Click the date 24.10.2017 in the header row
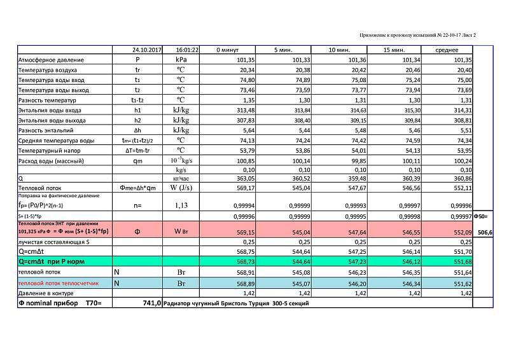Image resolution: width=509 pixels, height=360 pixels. point(146,49)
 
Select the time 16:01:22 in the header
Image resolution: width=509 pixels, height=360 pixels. point(188,49)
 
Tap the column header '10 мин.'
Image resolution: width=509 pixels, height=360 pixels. point(338,49)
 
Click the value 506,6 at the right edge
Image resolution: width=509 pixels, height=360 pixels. point(484,233)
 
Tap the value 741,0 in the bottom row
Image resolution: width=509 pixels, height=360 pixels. point(151,304)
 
